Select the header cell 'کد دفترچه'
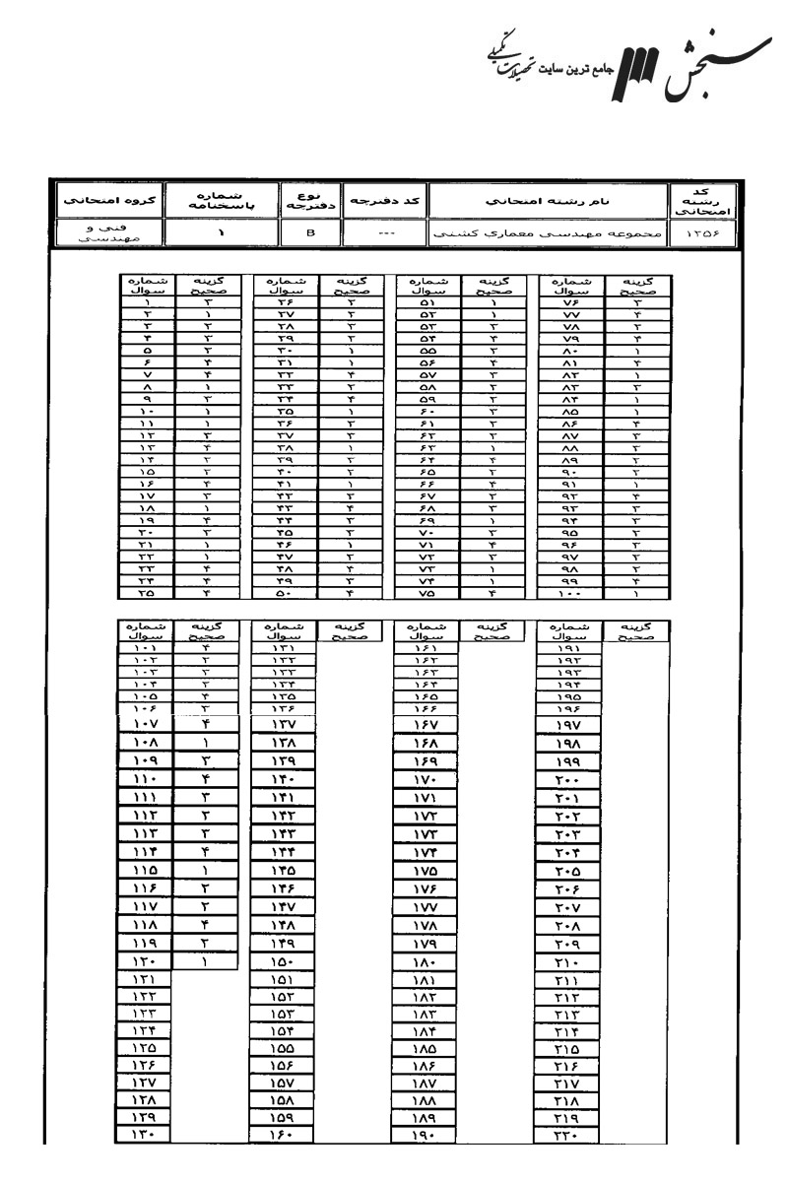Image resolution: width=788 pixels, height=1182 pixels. coord(387,201)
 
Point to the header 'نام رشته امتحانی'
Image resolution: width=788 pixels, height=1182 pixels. coord(550,201)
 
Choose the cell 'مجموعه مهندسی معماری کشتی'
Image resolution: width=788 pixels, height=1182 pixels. coord(549,233)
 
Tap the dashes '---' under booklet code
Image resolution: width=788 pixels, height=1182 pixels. coord(387,233)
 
